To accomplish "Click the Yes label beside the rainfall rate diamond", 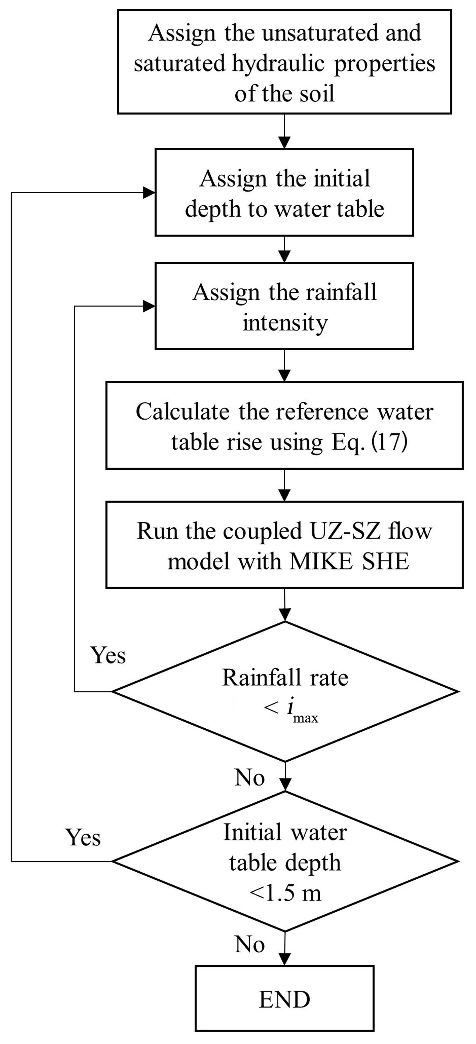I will click(108, 655).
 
